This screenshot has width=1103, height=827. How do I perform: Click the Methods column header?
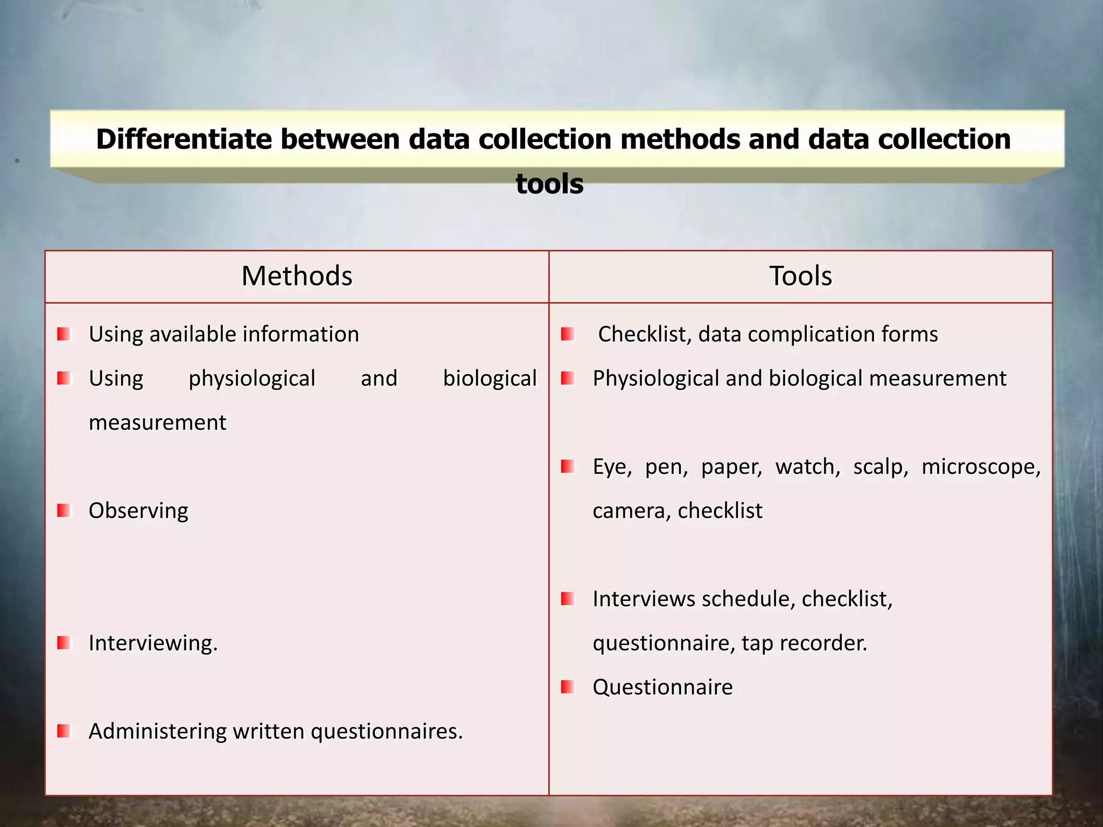(297, 276)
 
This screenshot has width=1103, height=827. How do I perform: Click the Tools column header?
(800, 276)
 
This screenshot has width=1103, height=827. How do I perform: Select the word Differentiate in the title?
(184, 139)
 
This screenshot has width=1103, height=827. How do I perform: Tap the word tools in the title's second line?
(549, 184)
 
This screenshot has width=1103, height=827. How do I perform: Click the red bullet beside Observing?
(64, 510)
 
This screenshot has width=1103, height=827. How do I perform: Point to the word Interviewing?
(153, 643)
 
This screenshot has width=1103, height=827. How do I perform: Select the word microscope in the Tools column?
(981, 467)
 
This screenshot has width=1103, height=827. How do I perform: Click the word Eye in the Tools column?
(612, 467)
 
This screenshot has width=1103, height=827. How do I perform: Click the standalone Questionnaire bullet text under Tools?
(662, 688)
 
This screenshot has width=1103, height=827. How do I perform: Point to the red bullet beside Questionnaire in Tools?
(567, 687)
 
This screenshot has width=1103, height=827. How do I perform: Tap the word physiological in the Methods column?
(252, 379)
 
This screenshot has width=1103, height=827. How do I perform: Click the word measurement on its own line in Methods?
(157, 423)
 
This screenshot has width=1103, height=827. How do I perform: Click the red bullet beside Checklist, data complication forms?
(567, 334)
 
